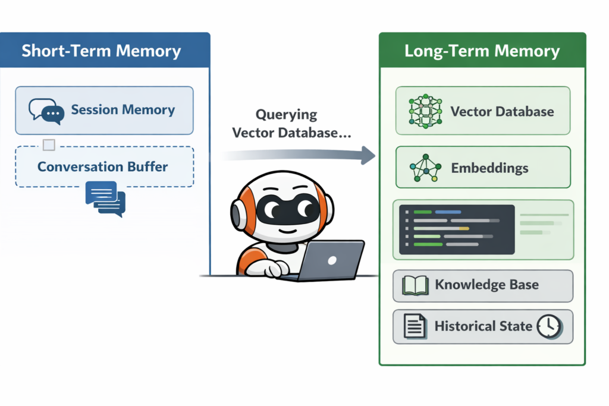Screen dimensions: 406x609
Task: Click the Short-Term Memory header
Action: coord(101,51)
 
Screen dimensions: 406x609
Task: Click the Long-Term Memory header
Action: coord(482,51)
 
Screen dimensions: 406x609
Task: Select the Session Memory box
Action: coord(104,110)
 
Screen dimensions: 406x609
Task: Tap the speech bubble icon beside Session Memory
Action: coord(46,111)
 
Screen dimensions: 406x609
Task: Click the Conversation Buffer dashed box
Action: coord(104,166)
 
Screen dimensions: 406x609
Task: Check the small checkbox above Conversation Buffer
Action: coord(49,144)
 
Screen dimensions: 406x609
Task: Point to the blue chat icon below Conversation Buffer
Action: coord(105,199)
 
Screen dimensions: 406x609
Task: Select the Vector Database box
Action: coord(482,111)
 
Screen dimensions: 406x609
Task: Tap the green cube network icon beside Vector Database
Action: coord(425,111)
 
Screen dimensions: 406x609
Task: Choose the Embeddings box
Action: coord(482,168)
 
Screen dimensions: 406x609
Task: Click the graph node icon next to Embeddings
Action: coord(425,168)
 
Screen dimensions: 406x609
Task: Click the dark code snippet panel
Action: coord(456,229)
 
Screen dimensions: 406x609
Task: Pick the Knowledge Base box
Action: coord(482,285)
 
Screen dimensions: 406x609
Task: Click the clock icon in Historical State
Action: coord(548,326)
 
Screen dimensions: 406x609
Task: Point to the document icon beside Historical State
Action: coord(415,326)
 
